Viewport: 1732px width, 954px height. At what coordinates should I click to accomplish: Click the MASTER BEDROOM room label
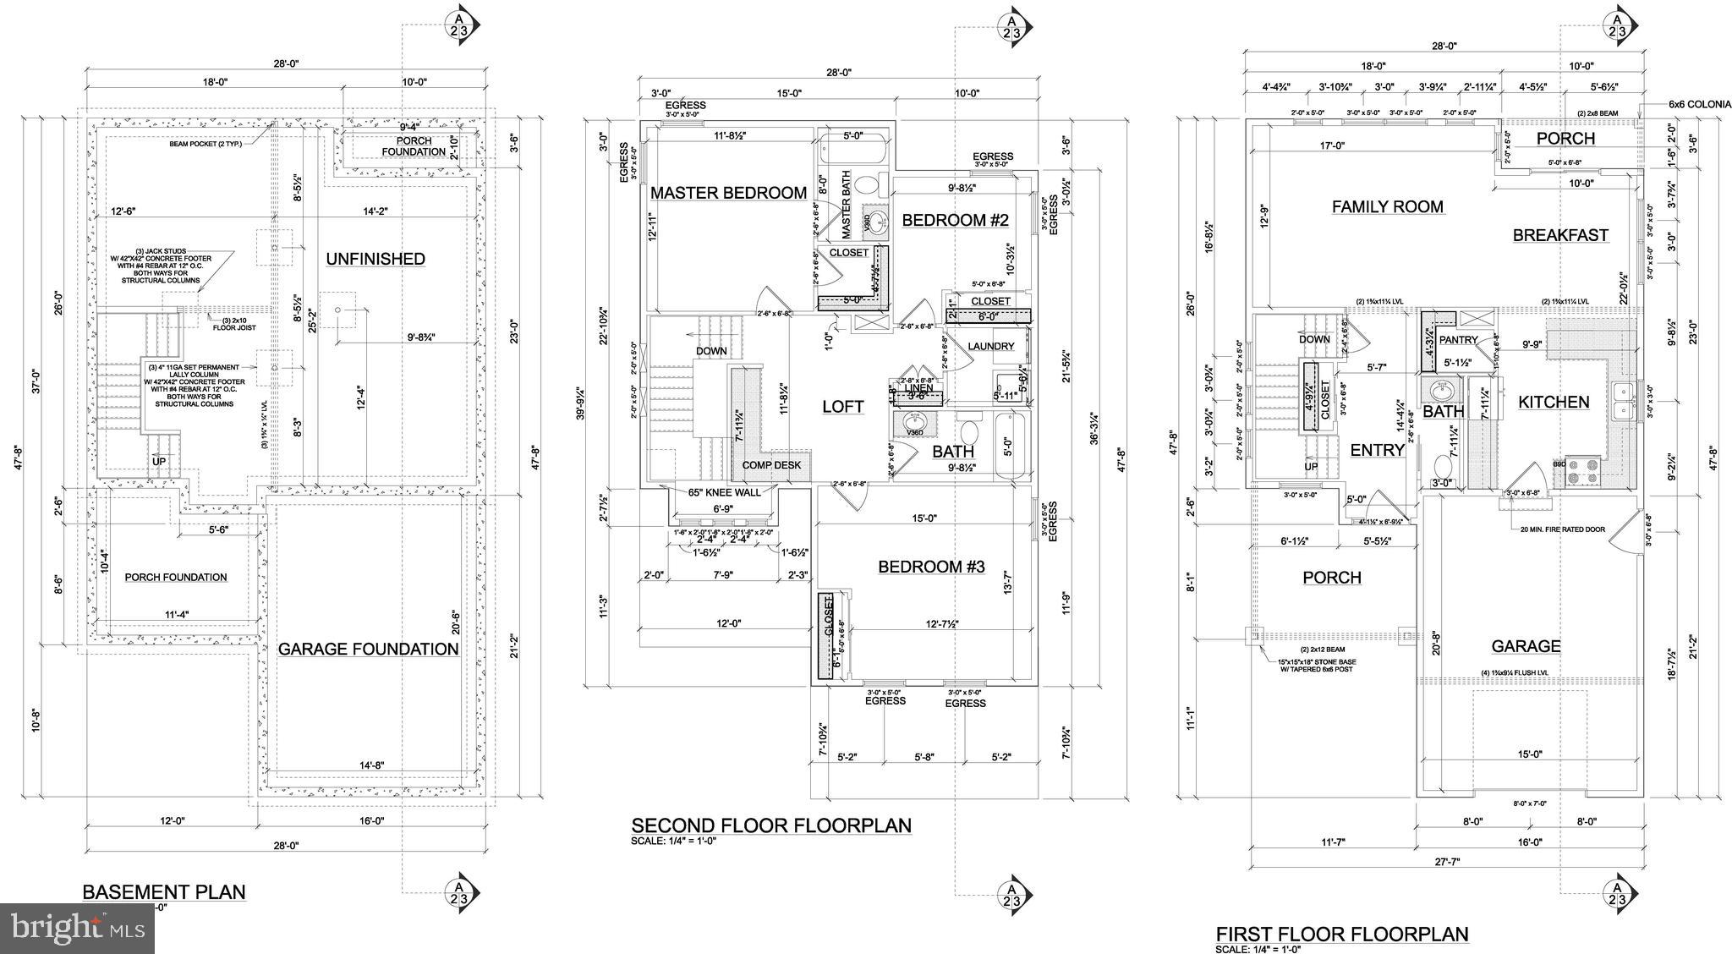728,193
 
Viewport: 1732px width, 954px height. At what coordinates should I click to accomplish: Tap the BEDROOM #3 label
931,567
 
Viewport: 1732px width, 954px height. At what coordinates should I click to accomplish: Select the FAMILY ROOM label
1388,206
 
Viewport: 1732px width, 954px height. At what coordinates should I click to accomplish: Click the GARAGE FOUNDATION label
369,649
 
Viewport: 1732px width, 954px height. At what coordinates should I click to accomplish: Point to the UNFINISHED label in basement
375,259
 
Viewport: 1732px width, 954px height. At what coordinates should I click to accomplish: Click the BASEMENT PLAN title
164,891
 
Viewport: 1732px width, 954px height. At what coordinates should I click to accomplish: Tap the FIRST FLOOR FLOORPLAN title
1342,935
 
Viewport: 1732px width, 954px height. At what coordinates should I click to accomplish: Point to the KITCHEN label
1554,403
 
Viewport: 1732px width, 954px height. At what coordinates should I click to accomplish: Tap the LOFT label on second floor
843,407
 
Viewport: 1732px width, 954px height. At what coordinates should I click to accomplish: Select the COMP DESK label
771,465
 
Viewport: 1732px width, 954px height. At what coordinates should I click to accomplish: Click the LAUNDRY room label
990,346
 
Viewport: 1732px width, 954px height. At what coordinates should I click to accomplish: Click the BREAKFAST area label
1560,235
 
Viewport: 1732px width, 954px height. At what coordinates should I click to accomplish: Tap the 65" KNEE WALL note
724,492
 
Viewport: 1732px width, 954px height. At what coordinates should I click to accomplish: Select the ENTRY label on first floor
1377,451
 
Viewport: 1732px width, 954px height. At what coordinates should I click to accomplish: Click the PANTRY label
1458,340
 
